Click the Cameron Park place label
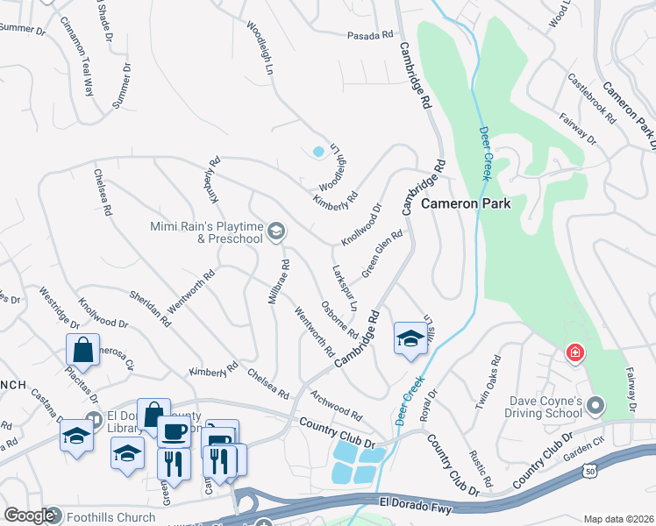pos(472,203)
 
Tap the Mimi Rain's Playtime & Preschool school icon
pos(275,231)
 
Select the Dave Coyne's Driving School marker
pos(596,405)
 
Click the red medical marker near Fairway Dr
pos(575,353)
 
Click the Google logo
pos(29,515)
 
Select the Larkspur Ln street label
pos(345,288)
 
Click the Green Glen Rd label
pos(381,252)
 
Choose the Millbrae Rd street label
pos(279,281)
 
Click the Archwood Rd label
pos(335,403)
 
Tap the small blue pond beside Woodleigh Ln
pos(317,152)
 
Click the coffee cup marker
pos(173,431)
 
